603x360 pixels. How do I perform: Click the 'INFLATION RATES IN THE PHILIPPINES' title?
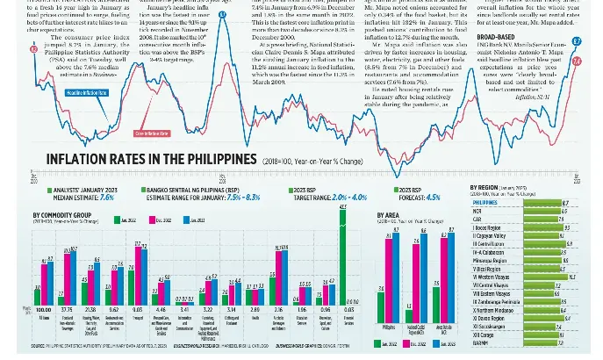pyautogui.click(x=150, y=160)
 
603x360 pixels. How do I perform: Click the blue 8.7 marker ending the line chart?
pyautogui.click(x=576, y=41)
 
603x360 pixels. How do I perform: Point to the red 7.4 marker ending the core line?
pyautogui.click(x=577, y=61)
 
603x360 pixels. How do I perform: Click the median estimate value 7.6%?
pyautogui.click(x=107, y=198)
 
